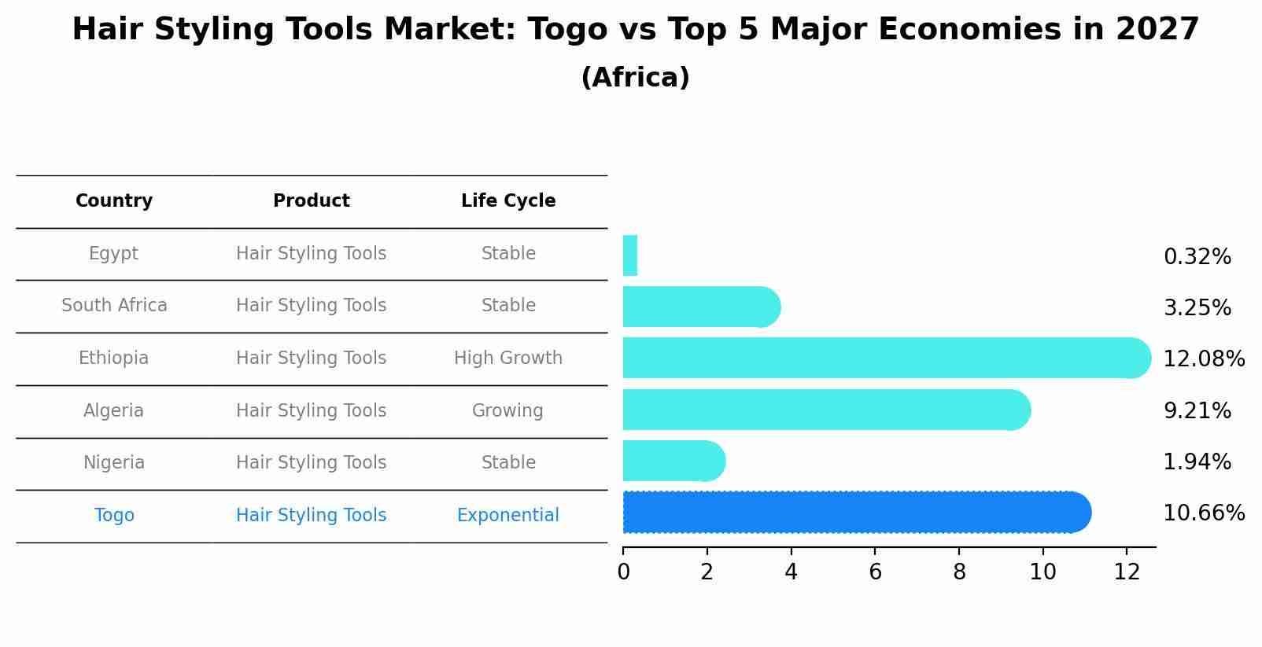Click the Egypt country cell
click(x=113, y=254)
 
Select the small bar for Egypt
click(x=629, y=255)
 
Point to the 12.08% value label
click(x=1203, y=359)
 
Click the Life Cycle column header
click(x=508, y=201)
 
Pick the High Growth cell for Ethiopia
click(x=508, y=358)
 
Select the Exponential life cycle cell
click(x=508, y=516)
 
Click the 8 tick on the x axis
click(x=959, y=572)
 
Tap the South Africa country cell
click(x=114, y=306)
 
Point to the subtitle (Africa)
click(x=635, y=78)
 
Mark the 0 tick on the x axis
click(x=623, y=572)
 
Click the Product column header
click(x=312, y=201)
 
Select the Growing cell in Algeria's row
click(x=507, y=411)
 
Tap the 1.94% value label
click(x=1197, y=462)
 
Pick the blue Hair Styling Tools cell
click(x=312, y=516)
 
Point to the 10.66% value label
click(x=1203, y=513)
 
